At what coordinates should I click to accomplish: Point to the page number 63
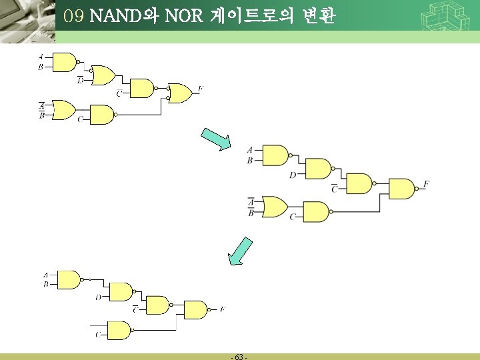tap(239, 357)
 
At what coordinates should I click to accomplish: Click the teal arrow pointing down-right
tap(216, 138)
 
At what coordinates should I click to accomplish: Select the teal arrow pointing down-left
tap(241, 251)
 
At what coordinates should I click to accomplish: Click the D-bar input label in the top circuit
tap(81, 81)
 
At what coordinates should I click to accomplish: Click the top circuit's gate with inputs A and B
tap(65, 62)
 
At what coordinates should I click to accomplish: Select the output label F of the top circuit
tap(201, 89)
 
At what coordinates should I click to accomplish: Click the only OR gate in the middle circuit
tap(274, 207)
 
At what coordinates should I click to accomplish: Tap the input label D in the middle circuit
tap(292, 175)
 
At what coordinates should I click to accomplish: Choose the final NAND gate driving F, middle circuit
tap(401, 189)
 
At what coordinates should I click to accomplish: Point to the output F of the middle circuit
tap(426, 184)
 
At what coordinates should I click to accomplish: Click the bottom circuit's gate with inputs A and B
tap(69, 279)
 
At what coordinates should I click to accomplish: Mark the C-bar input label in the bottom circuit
tap(135, 309)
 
